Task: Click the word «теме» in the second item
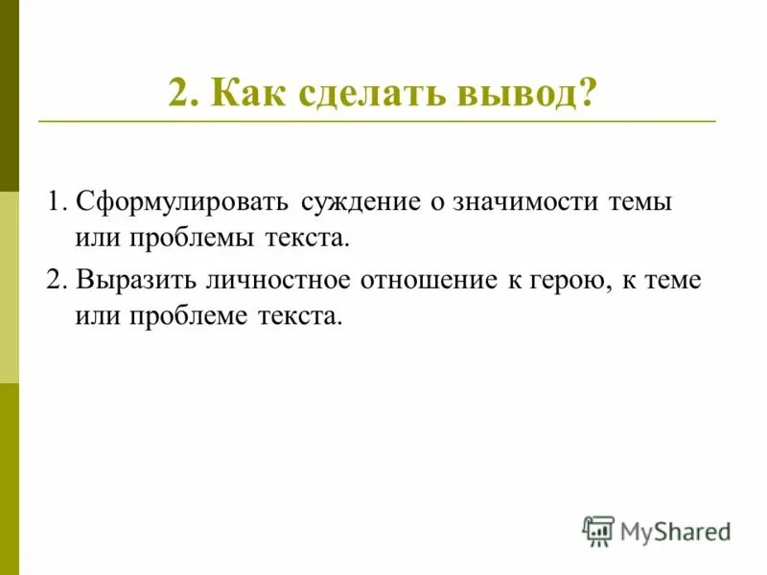(x=675, y=281)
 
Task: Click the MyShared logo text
(x=675, y=530)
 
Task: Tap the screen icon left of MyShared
(x=598, y=530)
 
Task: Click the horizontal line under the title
(x=377, y=122)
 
